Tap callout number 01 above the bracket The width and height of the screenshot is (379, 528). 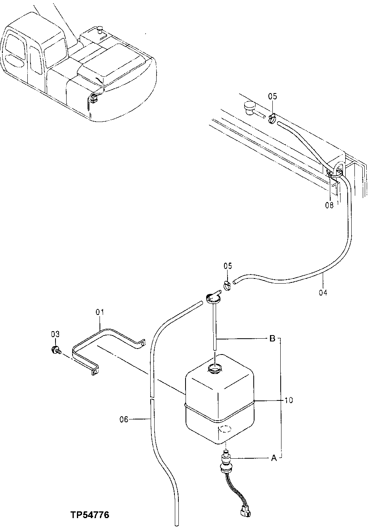[x=99, y=312]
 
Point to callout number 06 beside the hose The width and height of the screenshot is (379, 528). [x=124, y=419]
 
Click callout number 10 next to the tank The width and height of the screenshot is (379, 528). [x=288, y=400]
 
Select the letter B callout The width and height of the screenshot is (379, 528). [x=272, y=339]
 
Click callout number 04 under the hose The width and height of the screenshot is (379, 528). [x=323, y=293]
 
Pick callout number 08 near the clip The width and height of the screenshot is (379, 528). [x=329, y=205]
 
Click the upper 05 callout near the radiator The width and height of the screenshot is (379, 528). [x=273, y=96]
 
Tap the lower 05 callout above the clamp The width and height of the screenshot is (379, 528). [x=228, y=265]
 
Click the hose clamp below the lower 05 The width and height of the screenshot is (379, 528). [x=227, y=284]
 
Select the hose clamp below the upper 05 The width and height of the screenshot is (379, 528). [x=272, y=118]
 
